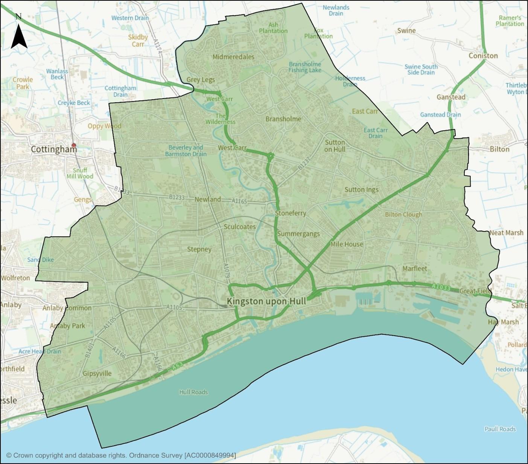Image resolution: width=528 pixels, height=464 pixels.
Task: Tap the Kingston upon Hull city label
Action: click(266, 301)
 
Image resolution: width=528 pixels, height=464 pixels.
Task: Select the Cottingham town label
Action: click(54, 149)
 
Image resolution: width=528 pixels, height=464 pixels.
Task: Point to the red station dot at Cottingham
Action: click(74, 145)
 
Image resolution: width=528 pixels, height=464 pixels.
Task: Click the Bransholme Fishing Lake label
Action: click(305, 67)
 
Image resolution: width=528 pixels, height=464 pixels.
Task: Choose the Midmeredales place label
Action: click(233, 57)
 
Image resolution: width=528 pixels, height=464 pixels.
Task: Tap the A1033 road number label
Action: click(441, 287)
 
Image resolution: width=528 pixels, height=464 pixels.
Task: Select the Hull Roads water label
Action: click(193, 392)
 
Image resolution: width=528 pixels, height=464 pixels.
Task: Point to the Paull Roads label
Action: click(500, 429)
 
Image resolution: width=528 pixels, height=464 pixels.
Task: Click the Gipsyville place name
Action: click(97, 373)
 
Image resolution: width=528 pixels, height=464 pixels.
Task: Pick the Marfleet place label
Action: click(415, 268)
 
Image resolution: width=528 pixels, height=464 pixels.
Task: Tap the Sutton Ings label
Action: click(361, 190)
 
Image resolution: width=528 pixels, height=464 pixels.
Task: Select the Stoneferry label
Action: click(290, 213)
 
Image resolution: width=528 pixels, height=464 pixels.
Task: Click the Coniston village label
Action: click(483, 56)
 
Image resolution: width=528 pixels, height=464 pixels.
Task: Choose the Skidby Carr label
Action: click(138, 41)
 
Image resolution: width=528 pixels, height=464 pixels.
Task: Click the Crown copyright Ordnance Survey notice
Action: click(121, 455)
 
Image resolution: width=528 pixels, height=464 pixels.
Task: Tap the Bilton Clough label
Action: click(403, 215)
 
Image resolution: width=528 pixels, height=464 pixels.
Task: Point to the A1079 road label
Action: click(226, 271)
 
